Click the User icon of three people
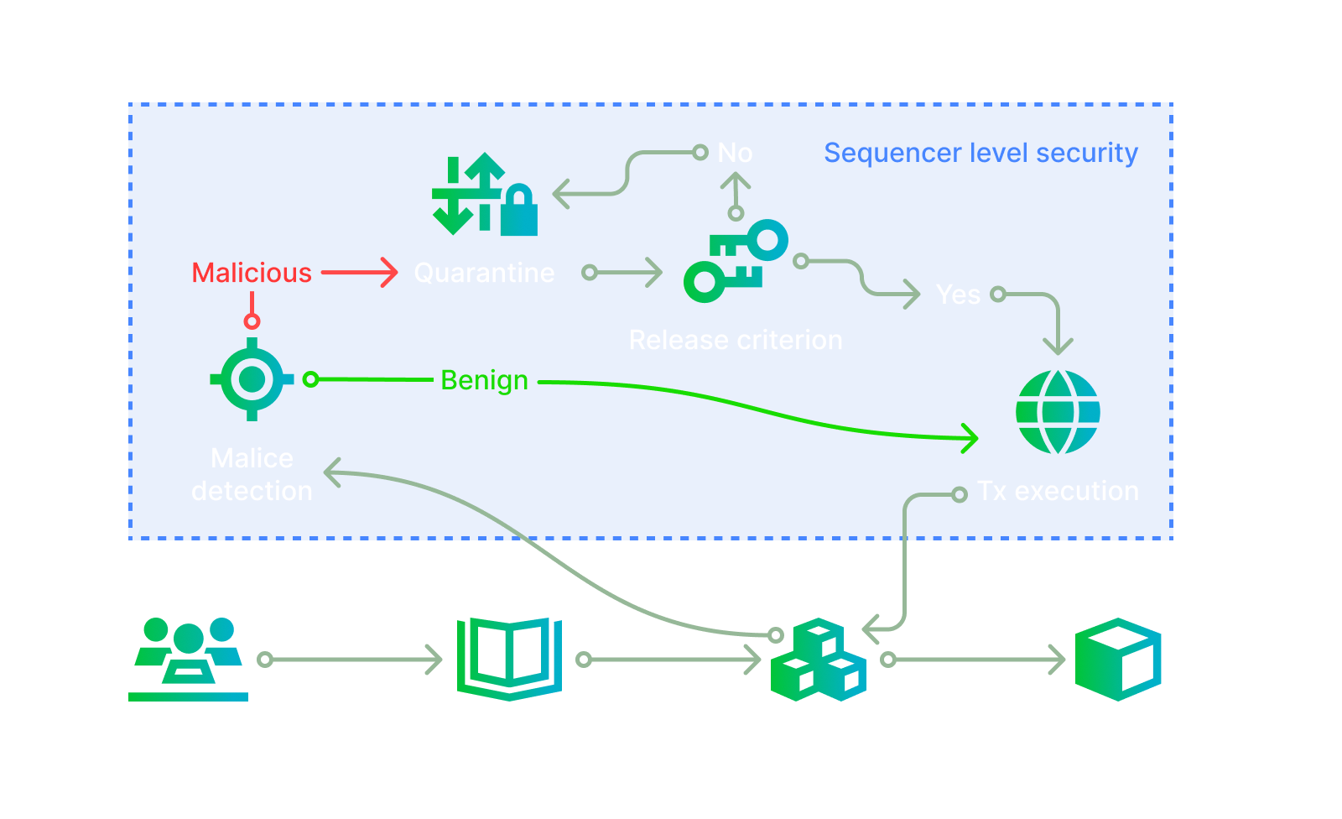189,659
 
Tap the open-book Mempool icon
509,659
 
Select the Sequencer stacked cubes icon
818,660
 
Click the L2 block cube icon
1118,660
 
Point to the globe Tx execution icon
1058,412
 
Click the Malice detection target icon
252,379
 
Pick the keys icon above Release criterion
736,261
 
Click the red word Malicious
251,273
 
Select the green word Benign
484,380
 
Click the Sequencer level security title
980,153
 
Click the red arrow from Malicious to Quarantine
359,273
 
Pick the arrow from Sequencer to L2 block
975,660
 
